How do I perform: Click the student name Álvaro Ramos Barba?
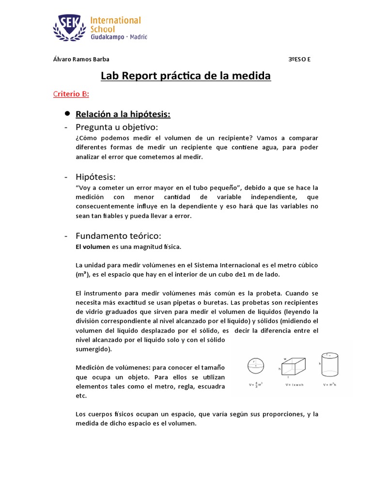[80, 59]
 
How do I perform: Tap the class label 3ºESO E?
[299, 59]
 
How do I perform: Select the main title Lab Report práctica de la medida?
[186, 76]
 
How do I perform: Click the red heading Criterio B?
[71, 94]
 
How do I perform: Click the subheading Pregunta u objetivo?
[117, 127]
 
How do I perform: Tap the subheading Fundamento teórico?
[118, 235]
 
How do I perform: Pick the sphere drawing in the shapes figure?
[255, 368]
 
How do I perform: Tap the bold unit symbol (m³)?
[82, 275]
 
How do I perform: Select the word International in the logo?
[116, 20]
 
